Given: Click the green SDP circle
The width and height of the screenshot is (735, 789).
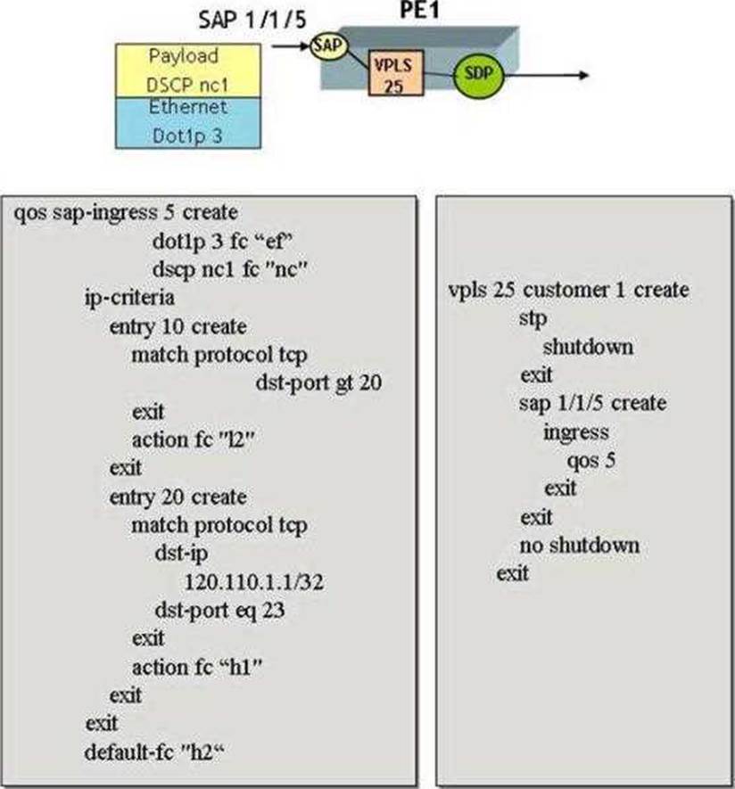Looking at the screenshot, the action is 478,75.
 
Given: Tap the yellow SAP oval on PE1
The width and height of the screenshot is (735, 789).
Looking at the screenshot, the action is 329,46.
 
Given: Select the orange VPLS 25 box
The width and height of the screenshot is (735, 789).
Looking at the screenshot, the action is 396,73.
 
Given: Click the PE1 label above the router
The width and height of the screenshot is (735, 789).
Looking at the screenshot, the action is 419,10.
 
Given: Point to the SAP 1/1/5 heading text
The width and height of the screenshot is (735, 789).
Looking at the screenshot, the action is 252,21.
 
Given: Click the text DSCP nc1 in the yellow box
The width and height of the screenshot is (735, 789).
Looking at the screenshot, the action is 187,85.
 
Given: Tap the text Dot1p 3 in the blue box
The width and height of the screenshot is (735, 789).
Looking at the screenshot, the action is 187,136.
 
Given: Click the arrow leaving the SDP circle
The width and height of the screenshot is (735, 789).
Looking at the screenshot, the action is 546,76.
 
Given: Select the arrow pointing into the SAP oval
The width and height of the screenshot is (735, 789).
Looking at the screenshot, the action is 291,46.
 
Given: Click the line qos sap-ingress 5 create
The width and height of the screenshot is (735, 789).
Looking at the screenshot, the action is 126,213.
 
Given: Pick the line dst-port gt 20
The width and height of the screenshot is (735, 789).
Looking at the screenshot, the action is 318,383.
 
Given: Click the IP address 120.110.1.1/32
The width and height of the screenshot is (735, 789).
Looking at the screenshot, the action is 254,582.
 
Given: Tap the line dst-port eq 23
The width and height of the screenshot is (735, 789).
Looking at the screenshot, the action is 220,611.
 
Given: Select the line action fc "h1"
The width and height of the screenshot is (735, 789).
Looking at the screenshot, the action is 197,668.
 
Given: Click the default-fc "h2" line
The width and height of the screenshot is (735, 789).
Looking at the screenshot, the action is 154,752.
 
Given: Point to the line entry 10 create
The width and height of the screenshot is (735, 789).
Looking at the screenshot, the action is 178,327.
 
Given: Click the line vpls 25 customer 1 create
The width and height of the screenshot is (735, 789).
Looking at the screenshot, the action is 569,291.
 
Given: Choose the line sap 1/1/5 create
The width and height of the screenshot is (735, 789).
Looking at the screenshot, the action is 593,403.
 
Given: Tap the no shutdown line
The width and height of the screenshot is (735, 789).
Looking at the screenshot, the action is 580,546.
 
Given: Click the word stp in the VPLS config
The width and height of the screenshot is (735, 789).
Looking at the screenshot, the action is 533,319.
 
